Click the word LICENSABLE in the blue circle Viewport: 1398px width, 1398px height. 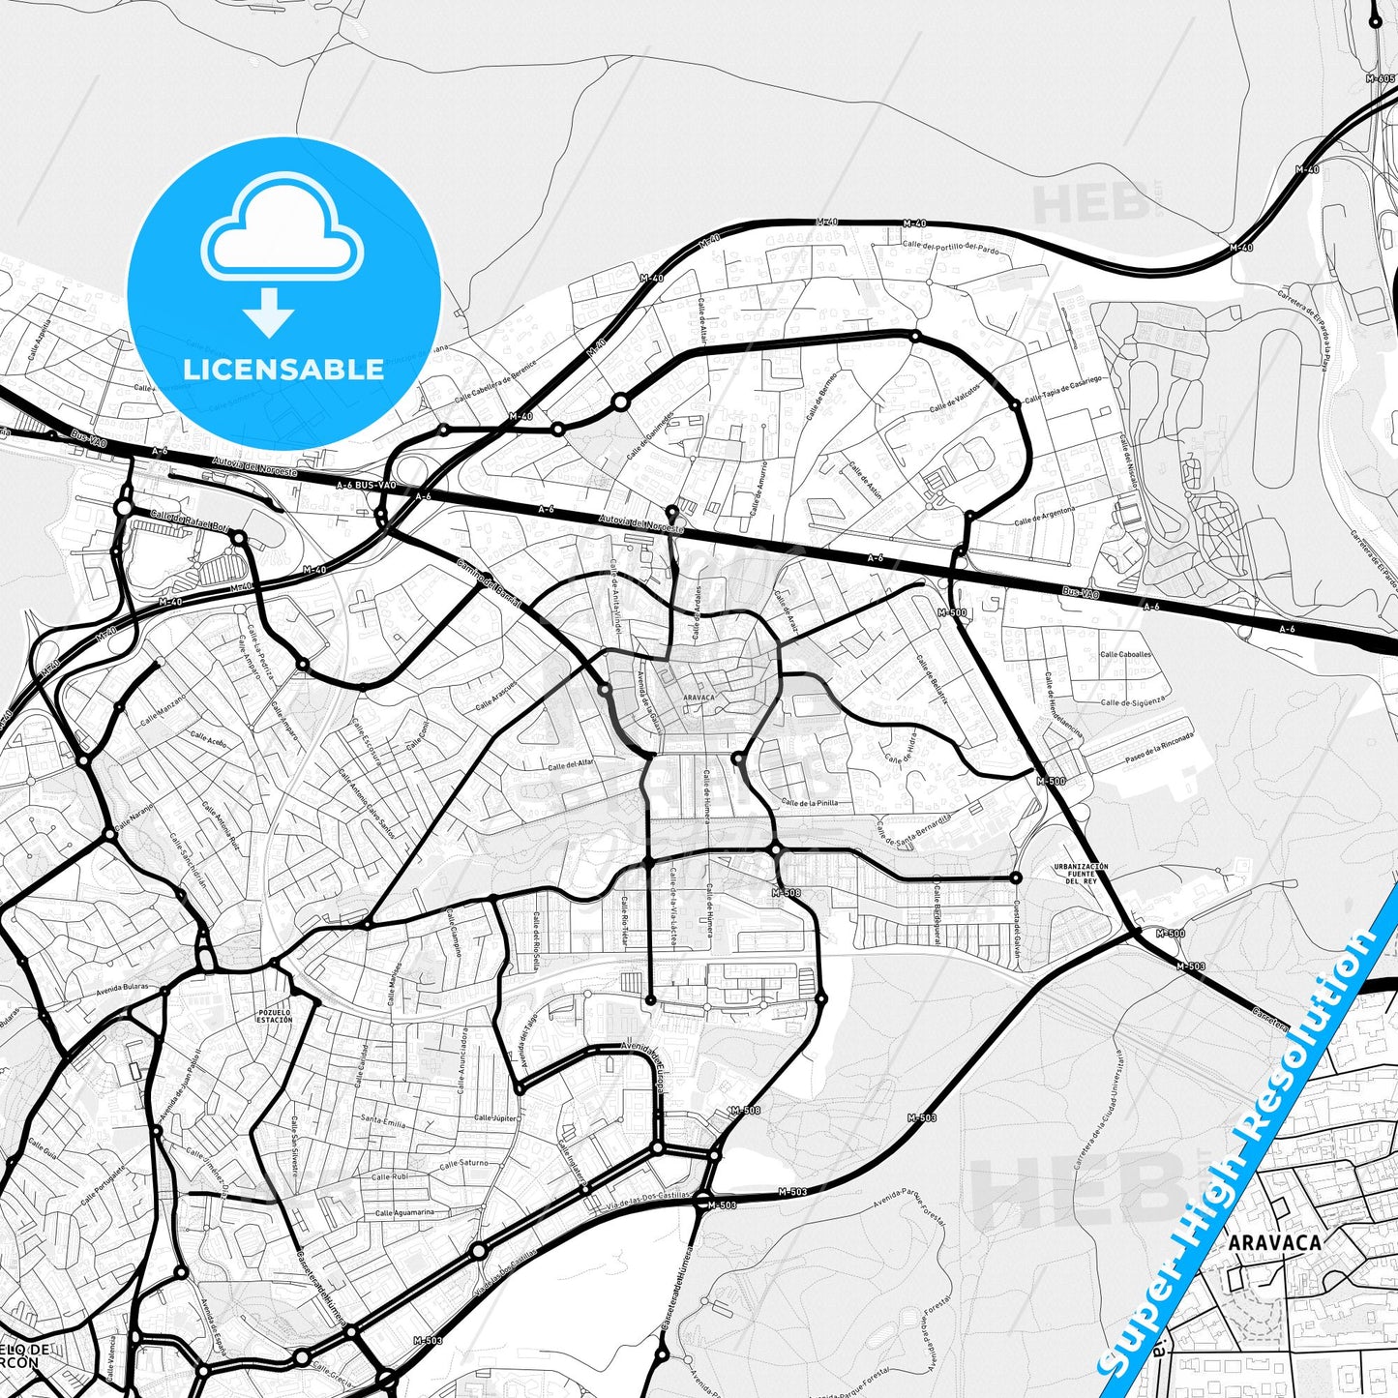tap(283, 369)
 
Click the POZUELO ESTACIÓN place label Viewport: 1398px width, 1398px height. tap(275, 1017)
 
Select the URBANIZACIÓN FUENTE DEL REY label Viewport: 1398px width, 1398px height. tap(1081, 874)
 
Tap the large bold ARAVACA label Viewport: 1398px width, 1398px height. tap(1274, 1242)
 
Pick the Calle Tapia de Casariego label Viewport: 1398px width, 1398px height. tap(1062, 389)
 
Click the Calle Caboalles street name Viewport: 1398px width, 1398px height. tap(1125, 654)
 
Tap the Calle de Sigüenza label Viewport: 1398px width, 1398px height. tap(1133, 702)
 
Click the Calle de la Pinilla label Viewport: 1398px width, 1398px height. tap(810, 803)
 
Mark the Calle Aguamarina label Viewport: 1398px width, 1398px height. tap(404, 1212)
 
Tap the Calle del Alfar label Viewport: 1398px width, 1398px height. tap(571, 764)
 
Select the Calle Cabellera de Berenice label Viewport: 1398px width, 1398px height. tap(497, 380)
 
